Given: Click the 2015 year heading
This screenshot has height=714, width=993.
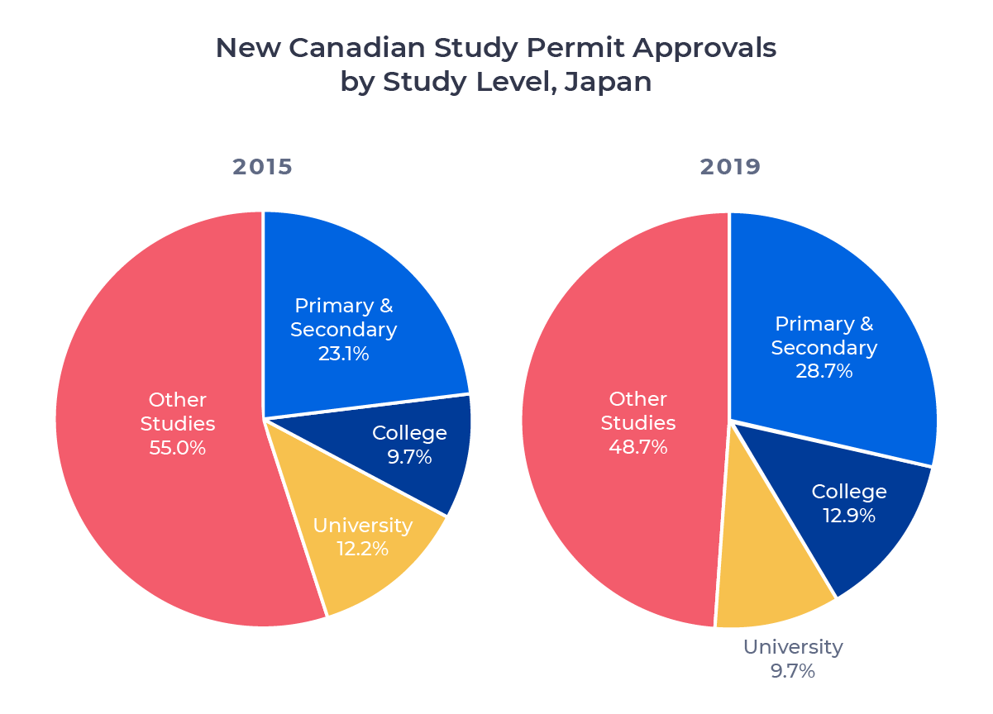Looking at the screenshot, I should point(263,167).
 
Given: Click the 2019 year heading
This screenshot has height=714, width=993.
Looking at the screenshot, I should point(730,167).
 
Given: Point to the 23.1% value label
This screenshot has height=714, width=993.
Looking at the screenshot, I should point(343,354).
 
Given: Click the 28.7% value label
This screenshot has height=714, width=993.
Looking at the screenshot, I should point(824,371).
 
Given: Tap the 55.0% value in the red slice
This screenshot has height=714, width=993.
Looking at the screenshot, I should point(177,448).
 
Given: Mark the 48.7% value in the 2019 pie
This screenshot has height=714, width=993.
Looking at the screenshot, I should point(637,447).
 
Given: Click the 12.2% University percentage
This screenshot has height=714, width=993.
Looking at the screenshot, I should point(362,548).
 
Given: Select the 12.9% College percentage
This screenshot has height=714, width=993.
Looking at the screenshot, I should point(848,516).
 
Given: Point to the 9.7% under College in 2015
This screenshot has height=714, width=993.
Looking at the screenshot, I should point(409,456).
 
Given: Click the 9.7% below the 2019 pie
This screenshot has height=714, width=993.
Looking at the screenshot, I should point(792,671).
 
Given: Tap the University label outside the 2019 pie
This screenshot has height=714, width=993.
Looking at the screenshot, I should point(792,647).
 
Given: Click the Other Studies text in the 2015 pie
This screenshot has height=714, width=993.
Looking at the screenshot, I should point(177,412).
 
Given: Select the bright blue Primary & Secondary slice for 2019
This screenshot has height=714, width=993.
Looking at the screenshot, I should point(860,273).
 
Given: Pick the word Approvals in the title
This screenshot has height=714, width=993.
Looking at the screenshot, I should point(705,48).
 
